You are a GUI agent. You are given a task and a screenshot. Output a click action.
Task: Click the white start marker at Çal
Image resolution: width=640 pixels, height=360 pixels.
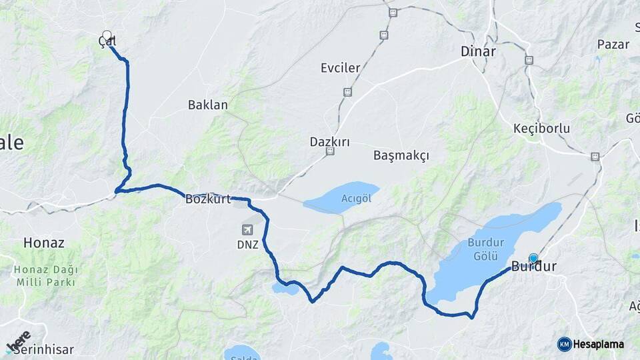[x=107, y=35]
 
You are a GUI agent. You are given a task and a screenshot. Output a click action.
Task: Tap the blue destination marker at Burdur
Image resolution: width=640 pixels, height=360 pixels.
[x=533, y=259]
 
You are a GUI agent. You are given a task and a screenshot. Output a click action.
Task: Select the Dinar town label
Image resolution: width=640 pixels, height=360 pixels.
[x=478, y=51]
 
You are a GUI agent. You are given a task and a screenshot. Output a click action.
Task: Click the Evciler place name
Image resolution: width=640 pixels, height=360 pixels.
[x=340, y=68]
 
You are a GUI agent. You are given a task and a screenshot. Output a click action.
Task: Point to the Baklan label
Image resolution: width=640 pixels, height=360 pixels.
[x=207, y=105]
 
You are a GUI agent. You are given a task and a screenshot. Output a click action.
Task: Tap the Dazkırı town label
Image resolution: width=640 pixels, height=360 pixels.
[x=329, y=141]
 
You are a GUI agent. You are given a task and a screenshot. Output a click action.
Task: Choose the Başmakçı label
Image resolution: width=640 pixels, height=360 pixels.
[x=401, y=155]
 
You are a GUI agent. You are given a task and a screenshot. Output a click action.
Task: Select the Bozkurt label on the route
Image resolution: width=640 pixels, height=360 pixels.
[x=207, y=199]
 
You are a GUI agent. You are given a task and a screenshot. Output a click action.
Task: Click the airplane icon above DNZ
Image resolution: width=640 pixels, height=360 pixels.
[x=247, y=230]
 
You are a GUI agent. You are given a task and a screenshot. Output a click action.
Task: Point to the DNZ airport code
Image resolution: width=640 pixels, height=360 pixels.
[x=247, y=245]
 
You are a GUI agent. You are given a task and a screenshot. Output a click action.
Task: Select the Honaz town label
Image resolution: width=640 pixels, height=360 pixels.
[x=44, y=243]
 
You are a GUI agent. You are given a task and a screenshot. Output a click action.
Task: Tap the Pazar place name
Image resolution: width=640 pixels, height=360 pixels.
[x=613, y=44]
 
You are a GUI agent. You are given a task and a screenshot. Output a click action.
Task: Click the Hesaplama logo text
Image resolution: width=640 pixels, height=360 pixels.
[x=599, y=344]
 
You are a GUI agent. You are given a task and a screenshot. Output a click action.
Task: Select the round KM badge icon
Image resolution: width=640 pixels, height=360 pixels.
[x=564, y=344]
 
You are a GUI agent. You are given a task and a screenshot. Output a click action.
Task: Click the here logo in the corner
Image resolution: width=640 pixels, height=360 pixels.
[x=18, y=341]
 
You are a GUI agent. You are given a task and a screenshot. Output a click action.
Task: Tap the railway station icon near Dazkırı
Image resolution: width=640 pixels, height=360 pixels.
[x=330, y=152]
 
